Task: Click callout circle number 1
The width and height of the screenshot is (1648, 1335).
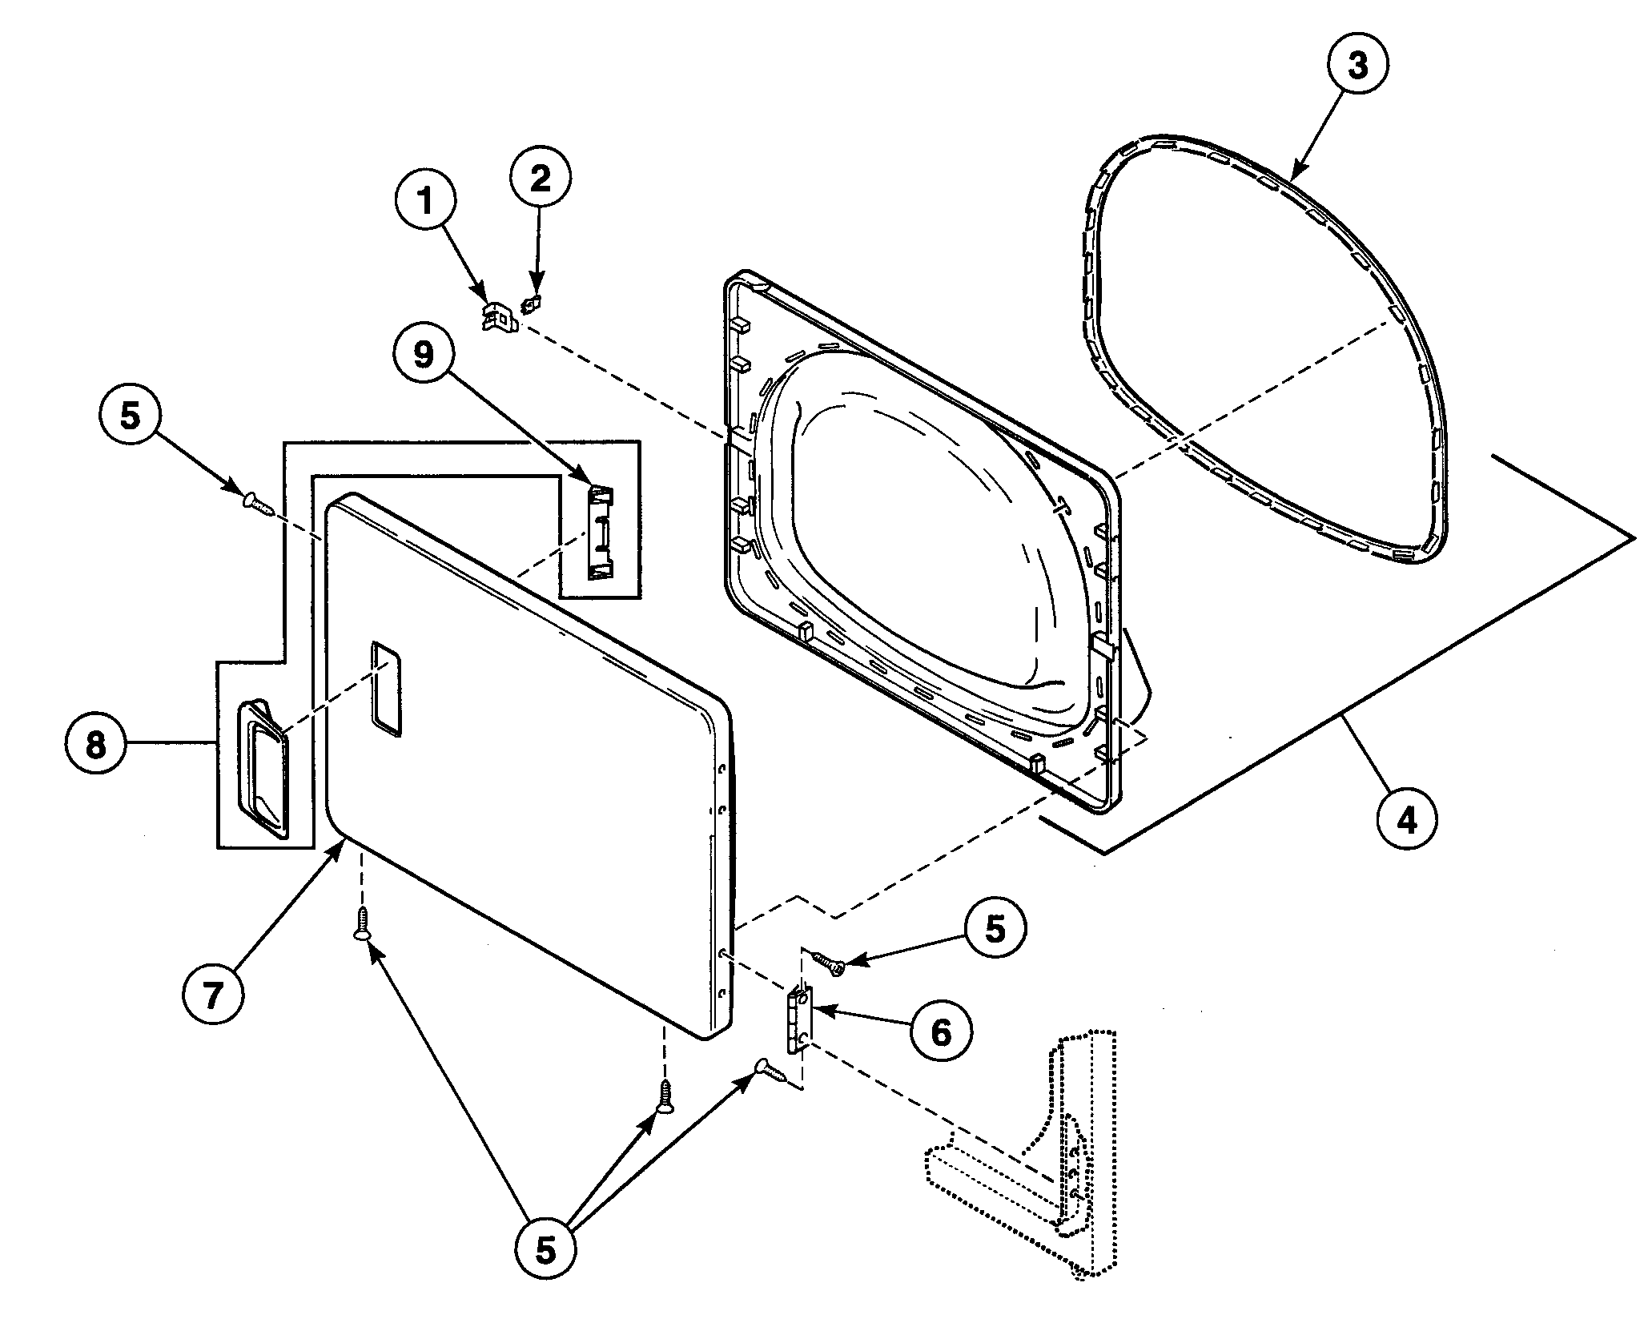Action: coord(425,203)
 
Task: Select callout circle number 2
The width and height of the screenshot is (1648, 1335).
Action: coord(541,179)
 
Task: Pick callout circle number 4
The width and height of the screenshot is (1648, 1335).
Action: coord(1407,819)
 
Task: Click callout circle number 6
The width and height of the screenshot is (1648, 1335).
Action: coord(941,1033)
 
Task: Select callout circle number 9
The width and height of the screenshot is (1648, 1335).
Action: coord(424,355)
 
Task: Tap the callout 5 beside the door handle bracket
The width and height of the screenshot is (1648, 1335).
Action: coord(131,416)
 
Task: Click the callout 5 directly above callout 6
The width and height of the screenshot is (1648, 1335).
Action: coord(994,931)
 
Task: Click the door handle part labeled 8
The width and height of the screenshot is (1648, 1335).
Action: coord(262,767)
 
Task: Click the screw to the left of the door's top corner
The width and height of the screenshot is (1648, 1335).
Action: coord(256,504)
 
